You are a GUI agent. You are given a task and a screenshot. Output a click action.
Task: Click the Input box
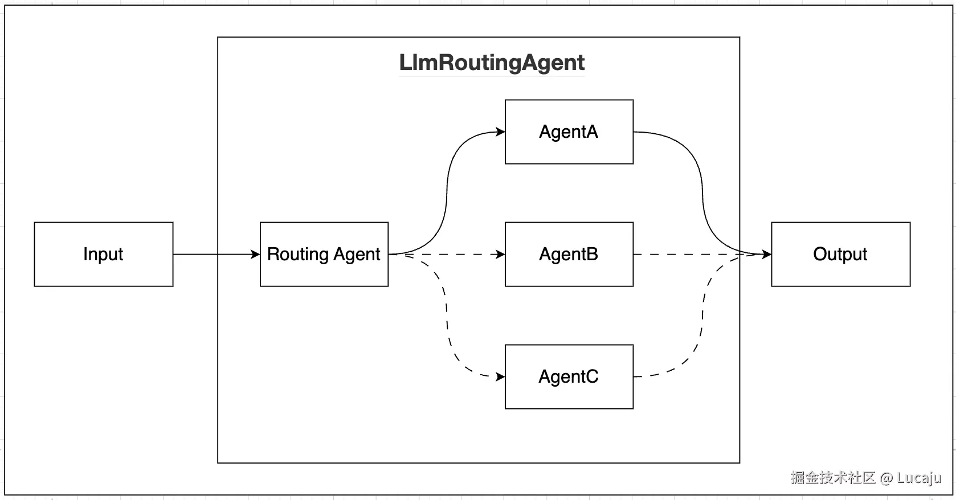click(103, 254)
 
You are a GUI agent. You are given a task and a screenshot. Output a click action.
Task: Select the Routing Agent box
click(324, 254)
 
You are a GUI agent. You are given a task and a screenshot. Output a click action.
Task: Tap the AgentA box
click(569, 132)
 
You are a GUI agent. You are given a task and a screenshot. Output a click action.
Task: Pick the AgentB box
click(569, 254)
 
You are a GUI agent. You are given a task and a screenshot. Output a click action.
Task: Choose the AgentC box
click(569, 376)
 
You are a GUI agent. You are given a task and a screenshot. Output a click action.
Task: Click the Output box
click(840, 254)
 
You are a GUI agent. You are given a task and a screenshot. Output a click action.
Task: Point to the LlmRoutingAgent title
click(492, 63)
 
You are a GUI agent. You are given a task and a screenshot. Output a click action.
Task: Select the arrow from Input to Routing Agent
click(216, 254)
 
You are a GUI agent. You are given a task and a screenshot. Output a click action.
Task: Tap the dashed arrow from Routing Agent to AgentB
click(456, 254)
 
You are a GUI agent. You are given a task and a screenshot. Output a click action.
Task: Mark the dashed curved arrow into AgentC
click(447, 319)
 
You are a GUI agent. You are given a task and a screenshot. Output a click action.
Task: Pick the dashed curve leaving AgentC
click(702, 319)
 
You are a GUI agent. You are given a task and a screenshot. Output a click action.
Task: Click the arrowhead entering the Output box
click(767, 254)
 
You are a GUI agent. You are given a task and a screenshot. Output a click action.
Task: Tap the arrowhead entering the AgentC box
click(501, 376)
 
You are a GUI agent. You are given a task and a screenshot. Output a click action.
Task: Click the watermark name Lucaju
click(918, 477)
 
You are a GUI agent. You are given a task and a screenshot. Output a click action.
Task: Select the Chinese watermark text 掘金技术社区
click(832, 477)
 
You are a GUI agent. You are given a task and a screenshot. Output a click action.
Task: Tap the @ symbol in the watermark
click(886, 478)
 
